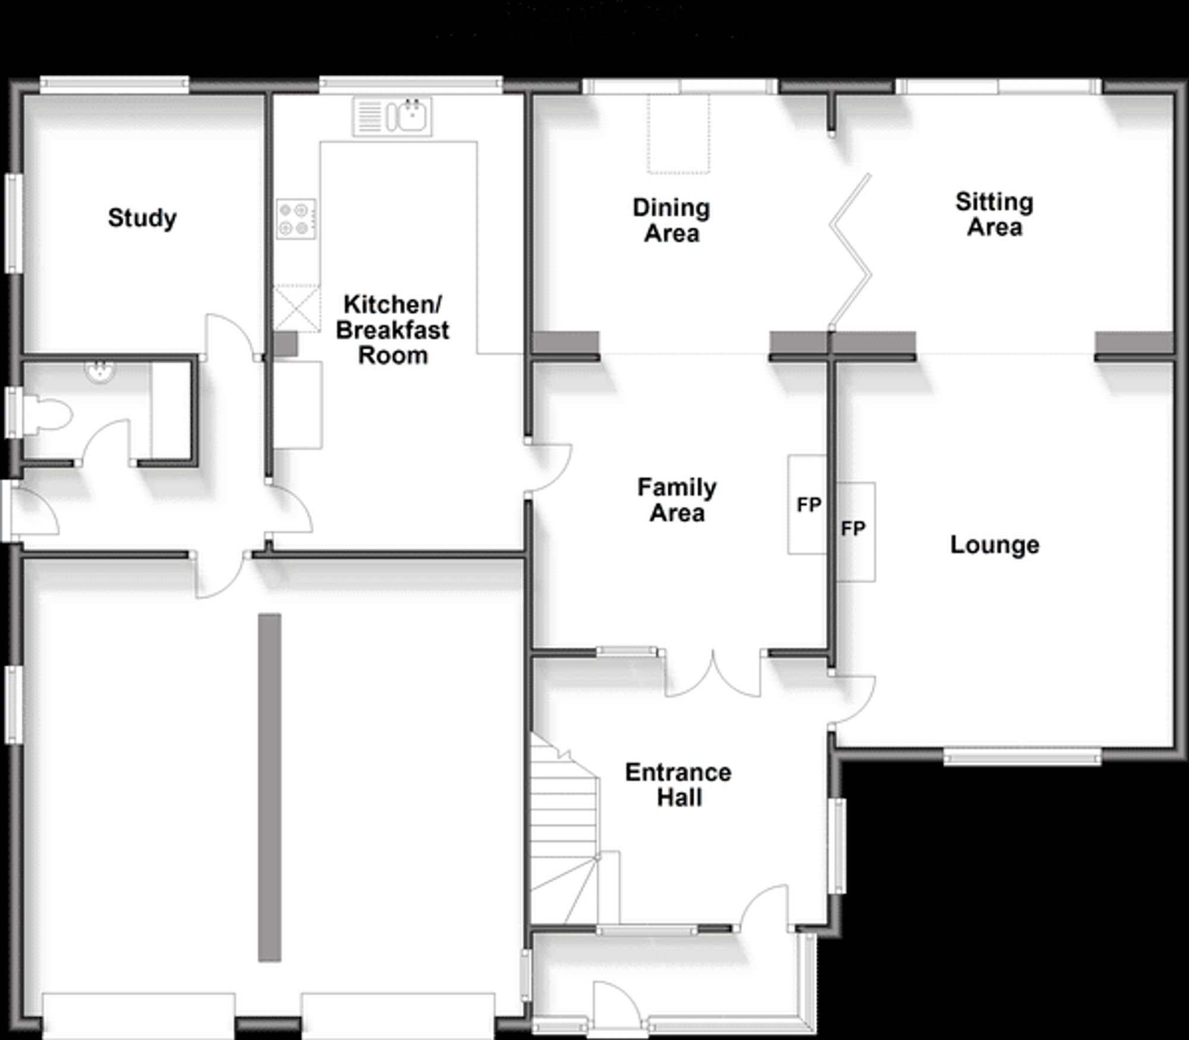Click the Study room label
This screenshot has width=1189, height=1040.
(x=142, y=218)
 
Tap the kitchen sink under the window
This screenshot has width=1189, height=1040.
(x=393, y=116)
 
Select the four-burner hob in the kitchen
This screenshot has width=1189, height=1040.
(x=295, y=219)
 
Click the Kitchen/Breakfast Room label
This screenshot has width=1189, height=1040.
(x=392, y=330)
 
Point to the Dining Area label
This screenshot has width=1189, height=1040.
(x=671, y=220)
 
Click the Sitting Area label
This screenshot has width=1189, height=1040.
(x=994, y=215)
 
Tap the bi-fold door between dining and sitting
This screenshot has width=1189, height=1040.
(x=851, y=250)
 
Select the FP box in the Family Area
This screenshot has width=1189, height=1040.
(x=807, y=505)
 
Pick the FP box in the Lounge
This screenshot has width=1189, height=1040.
(x=855, y=531)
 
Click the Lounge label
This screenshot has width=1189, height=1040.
(x=994, y=545)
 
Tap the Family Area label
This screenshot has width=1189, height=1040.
(x=677, y=500)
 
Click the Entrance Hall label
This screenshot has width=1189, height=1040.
(x=678, y=784)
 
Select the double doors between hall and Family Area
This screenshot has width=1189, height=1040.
(x=712, y=675)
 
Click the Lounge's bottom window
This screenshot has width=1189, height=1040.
(x=1022, y=757)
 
